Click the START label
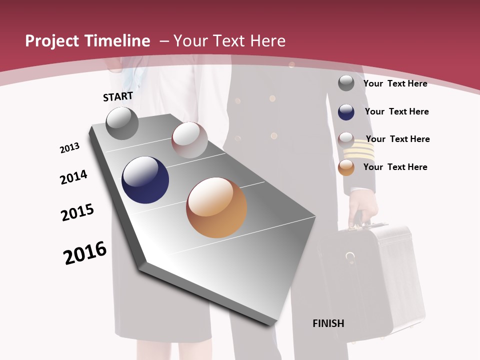click(x=118, y=96)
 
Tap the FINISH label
click(x=328, y=323)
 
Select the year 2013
click(x=69, y=148)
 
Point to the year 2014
click(x=73, y=177)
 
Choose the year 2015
click(x=77, y=212)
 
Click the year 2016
click(x=85, y=253)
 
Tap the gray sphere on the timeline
click(x=122, y=123)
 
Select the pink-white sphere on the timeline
click(x=189, y=140)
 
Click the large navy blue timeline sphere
click(x=145, y=180)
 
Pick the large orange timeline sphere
click(x=216, y=207)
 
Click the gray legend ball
click(x=346, y=83)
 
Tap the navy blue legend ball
click(x=346, y=112)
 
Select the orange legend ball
click(x=346, y=167)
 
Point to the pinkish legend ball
click(x=346, y=139)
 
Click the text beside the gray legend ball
click(x=395, y=83)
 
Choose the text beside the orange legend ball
click(x=395, y=167)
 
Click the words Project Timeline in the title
click(x=87, y=41)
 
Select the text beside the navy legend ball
click(x=396, y=111)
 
